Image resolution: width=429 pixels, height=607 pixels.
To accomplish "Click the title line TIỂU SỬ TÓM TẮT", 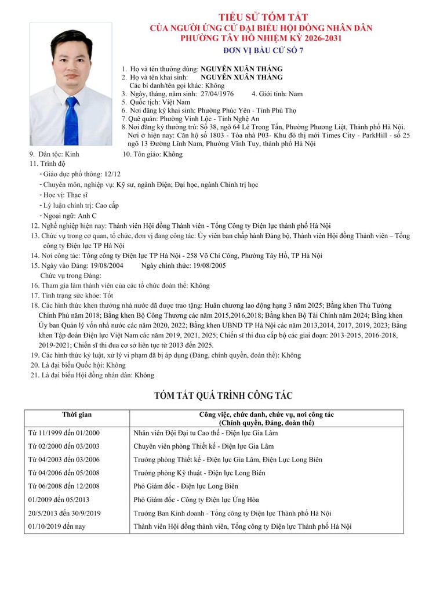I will coord(263,17).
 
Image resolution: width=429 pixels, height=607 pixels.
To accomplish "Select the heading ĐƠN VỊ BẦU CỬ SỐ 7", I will coord(263,50).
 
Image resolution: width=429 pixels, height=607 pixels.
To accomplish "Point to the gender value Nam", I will coord(296,94).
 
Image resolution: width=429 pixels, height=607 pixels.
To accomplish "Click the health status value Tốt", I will coord(108,295).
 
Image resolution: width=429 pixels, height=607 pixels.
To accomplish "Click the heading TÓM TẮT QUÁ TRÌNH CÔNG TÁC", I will coord(223,396).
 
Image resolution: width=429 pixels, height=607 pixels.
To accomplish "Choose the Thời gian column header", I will coord(77,415).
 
